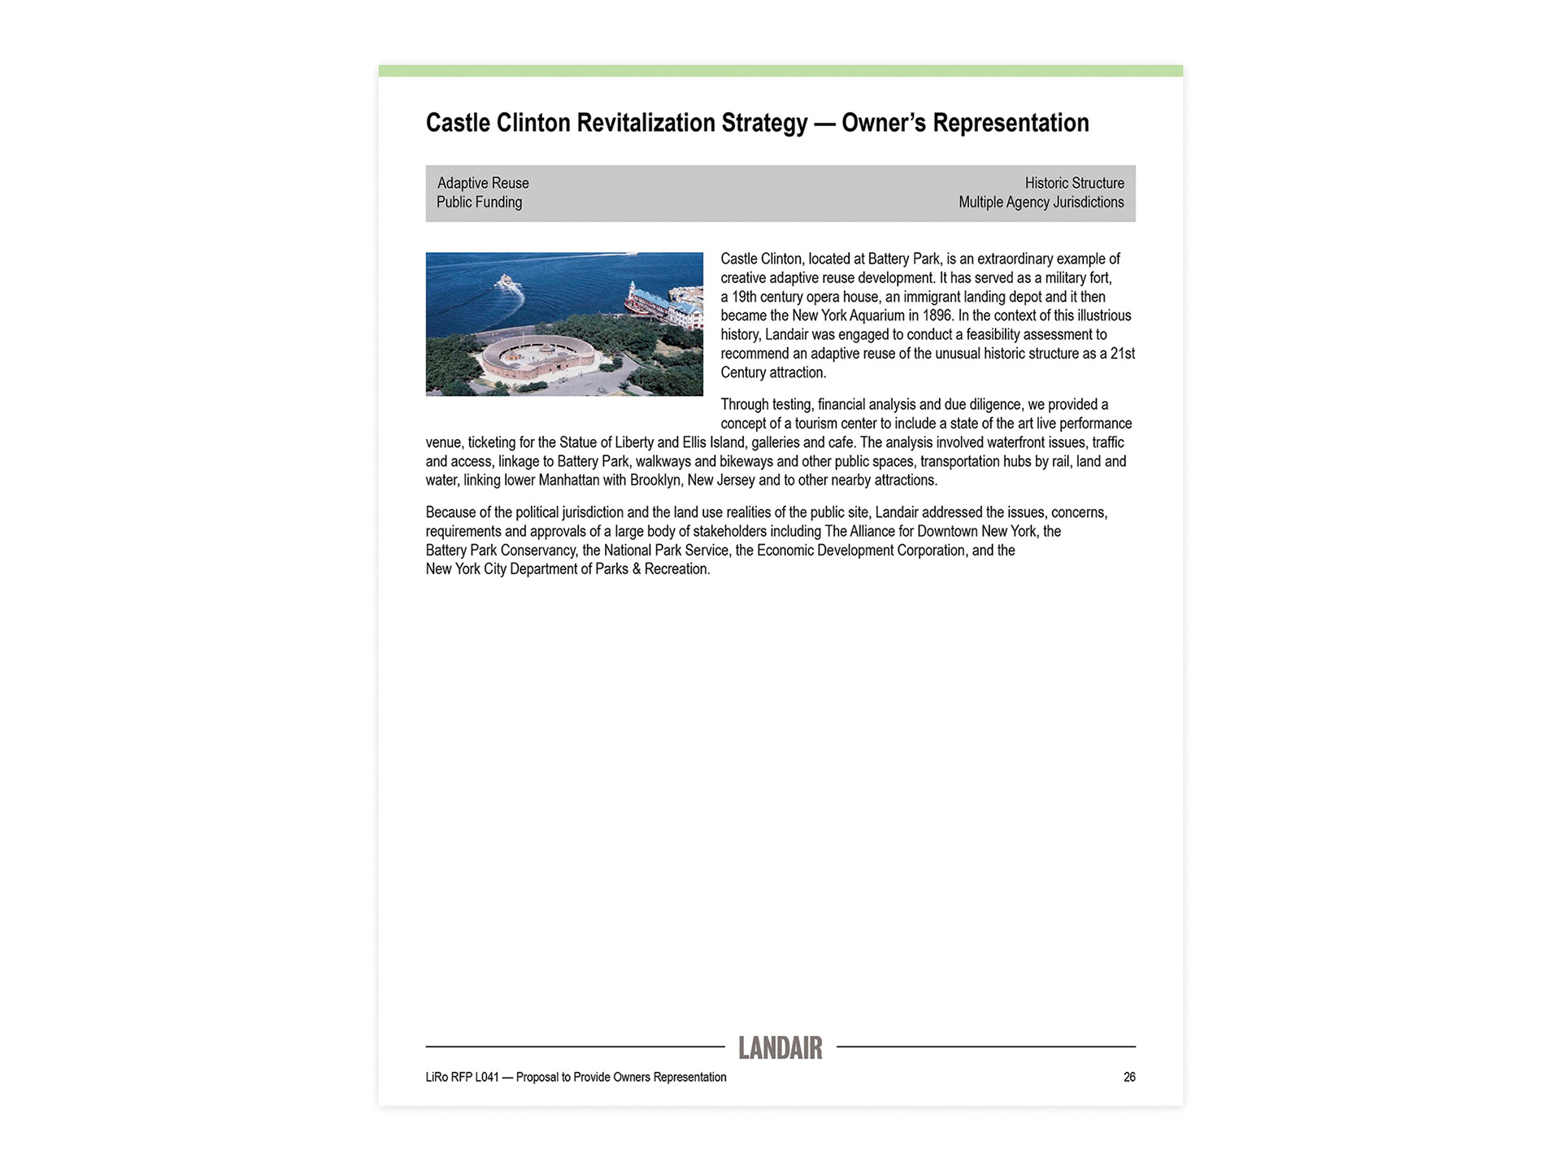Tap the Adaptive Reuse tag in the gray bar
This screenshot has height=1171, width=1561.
coord(483,183)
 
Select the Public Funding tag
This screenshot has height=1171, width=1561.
coord(479,202)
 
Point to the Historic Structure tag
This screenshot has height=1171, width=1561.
coord(1074,183)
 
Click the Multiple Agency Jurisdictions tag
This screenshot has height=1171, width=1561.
coord(1041,202)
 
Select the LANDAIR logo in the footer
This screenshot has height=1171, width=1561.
coord(780,1048)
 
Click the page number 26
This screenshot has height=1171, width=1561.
coord(1129,1077)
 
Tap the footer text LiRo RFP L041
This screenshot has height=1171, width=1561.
coord(462,1077)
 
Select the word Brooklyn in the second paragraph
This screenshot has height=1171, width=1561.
coord(655,481)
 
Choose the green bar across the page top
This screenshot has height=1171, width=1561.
coord(780,71)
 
